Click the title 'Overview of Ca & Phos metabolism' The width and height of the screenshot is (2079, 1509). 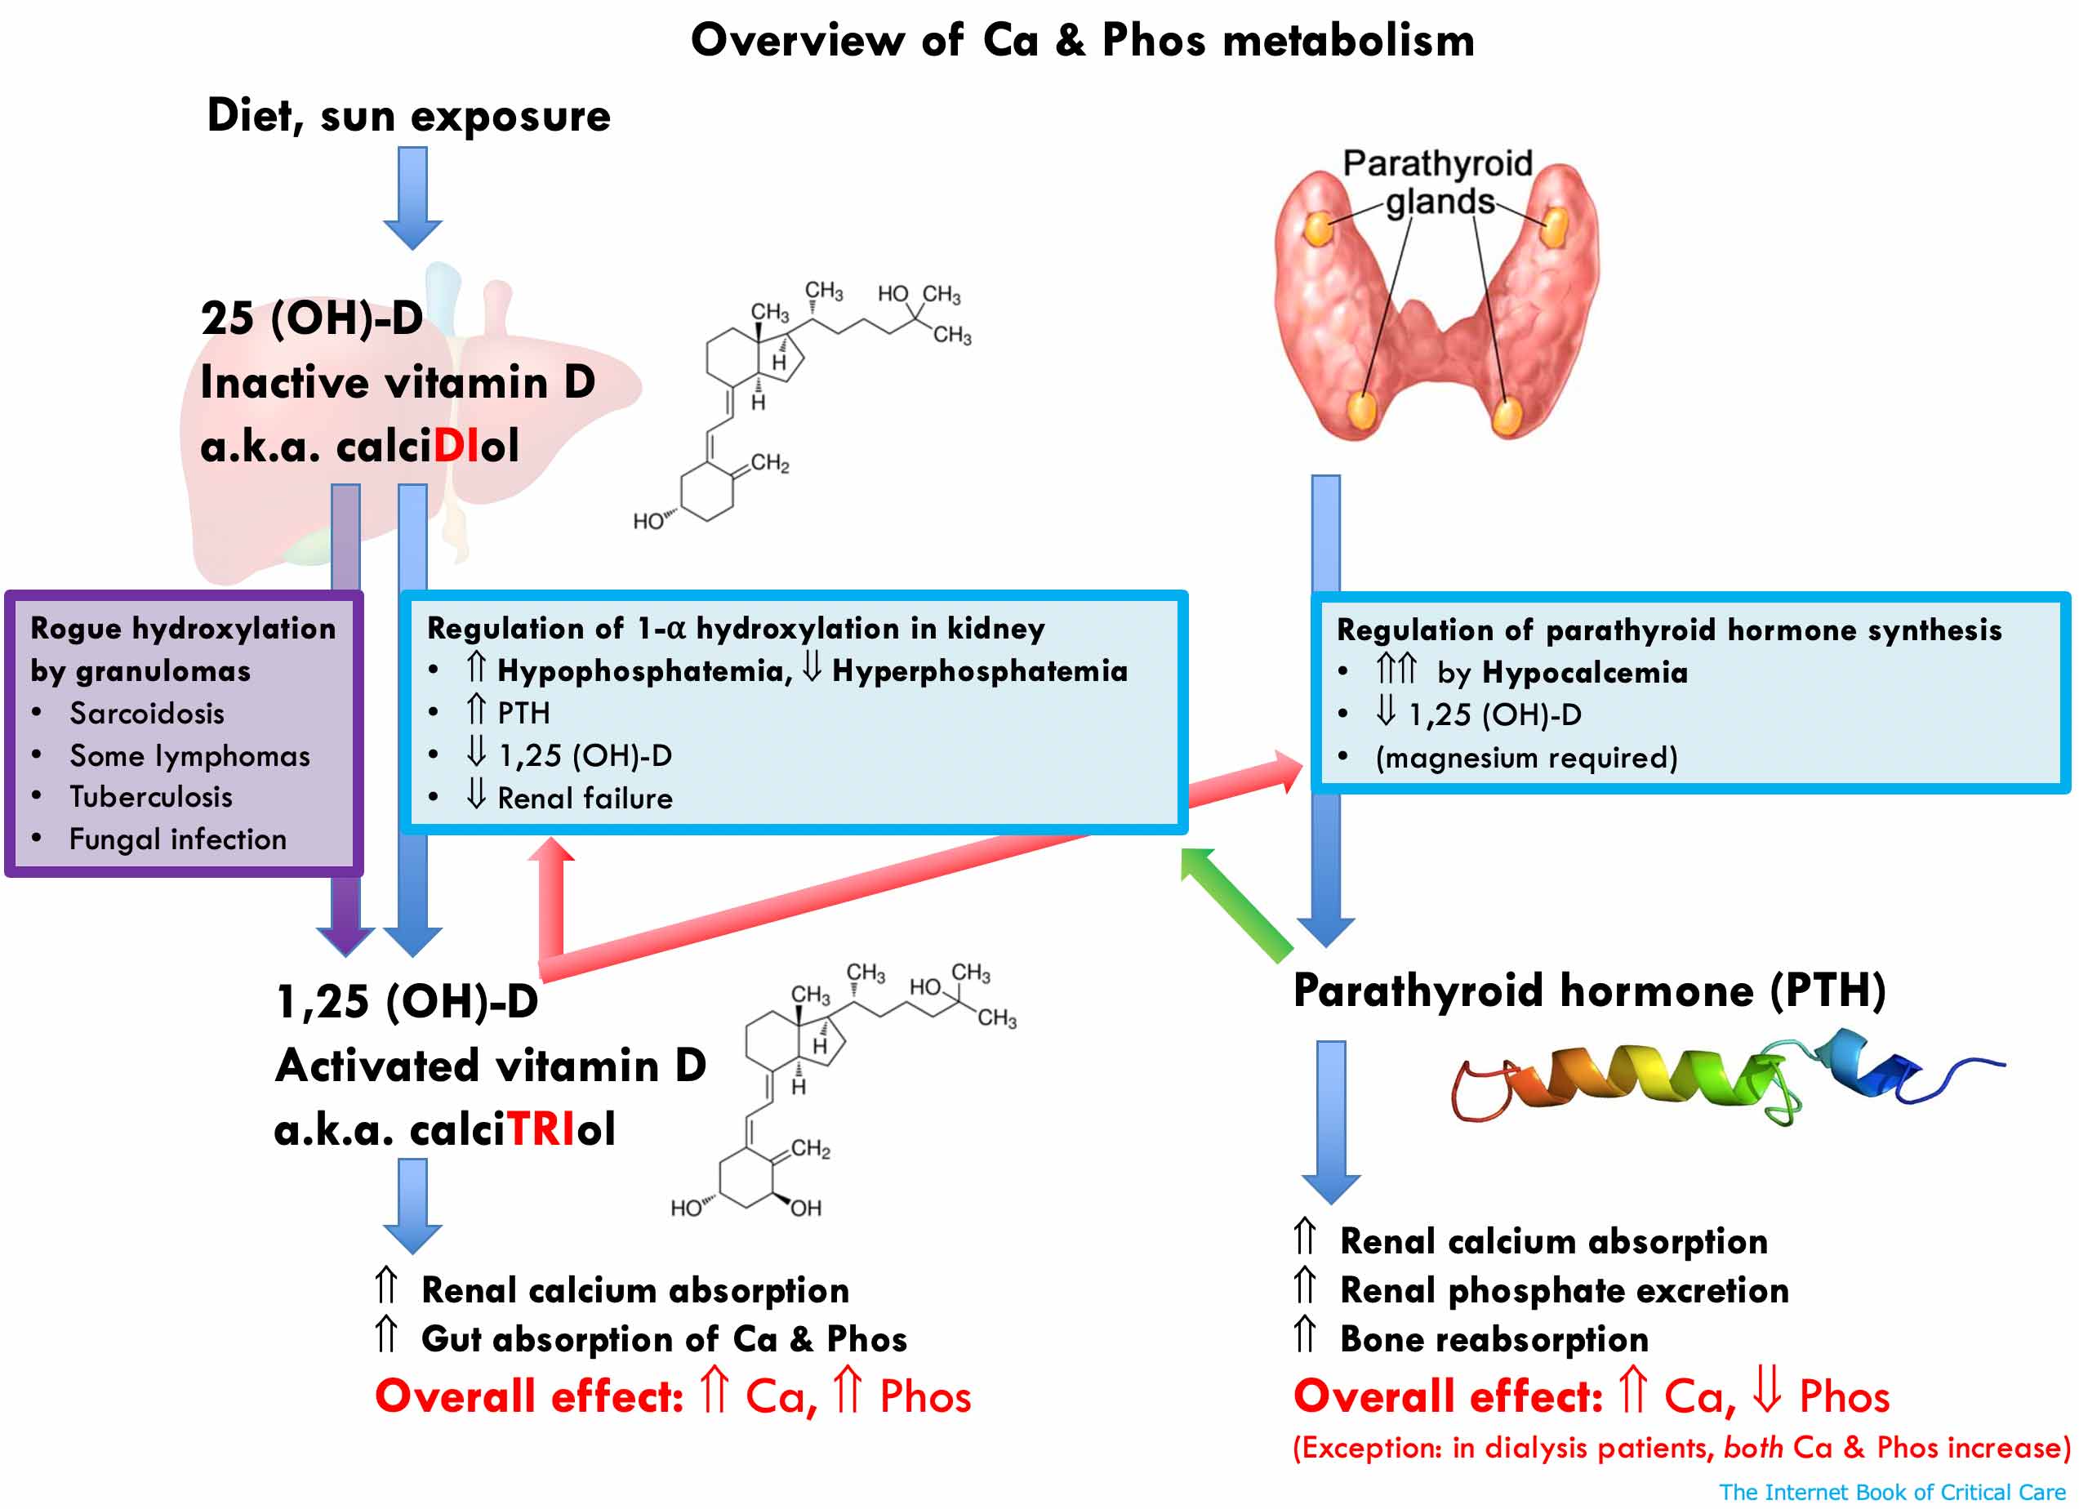point(1082,40)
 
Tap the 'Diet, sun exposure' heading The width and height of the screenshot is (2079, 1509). point(409,115)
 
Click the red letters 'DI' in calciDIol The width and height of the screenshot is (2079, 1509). point(456,447)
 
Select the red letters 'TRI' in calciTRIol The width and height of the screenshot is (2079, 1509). point(541,1128)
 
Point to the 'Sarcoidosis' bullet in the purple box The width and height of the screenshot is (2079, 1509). point(147,713)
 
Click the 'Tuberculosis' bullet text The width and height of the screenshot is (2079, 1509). point(151,797)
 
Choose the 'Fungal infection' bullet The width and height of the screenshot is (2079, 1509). point(178,839)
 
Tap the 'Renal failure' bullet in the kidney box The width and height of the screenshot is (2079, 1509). point(584,798)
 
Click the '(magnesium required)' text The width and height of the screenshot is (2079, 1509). point(1526,757)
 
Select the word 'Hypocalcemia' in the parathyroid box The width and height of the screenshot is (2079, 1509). point(1584,672)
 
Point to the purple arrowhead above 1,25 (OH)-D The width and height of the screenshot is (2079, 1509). point(345,938)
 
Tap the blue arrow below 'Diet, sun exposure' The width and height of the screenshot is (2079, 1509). point(412,197)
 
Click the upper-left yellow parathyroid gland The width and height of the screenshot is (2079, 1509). point(1318,229)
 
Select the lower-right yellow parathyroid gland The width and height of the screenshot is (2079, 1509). point(1506,416)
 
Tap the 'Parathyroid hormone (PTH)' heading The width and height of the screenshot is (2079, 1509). point(1588,991)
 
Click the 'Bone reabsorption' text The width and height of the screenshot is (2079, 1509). point(1494,1339)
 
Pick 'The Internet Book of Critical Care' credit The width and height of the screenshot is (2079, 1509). point(1891,1492)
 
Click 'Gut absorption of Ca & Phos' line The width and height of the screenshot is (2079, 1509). point(664,1339)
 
